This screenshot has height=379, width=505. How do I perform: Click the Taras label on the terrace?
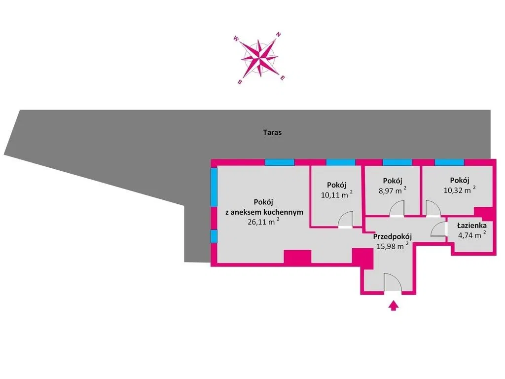272,132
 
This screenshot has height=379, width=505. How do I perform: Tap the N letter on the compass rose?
279,35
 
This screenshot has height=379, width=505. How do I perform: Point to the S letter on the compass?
239,82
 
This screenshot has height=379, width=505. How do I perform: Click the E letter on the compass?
283,77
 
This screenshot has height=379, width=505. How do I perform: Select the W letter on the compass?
236,38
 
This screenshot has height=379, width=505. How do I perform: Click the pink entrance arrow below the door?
393,305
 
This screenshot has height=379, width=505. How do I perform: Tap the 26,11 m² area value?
263,222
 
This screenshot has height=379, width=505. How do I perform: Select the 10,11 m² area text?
336,194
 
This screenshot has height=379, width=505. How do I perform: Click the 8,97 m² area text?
392,190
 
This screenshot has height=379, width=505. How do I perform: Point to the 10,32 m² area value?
460,190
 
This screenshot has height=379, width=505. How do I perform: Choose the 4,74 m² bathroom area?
472,235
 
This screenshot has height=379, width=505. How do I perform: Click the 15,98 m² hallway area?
393,246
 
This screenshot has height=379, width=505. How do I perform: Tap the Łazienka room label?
472,226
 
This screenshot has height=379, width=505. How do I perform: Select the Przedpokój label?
392,237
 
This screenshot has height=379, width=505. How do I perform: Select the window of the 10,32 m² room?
449,162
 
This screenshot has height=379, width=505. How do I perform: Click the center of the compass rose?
259,58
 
